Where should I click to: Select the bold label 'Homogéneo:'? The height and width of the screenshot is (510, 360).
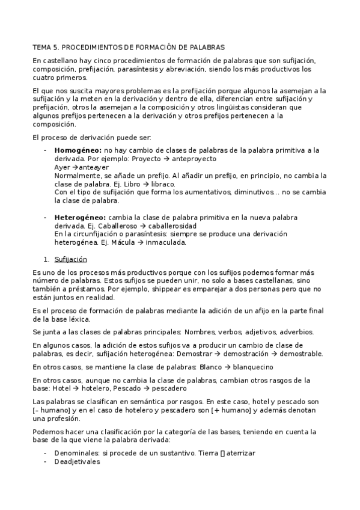(x=78, y=150)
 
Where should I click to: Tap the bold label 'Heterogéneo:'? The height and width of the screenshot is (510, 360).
(x=79, y=217)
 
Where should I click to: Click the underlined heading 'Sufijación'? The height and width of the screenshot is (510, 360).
(x=71, y=259)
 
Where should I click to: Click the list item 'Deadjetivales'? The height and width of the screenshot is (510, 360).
(x=78, y=462)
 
